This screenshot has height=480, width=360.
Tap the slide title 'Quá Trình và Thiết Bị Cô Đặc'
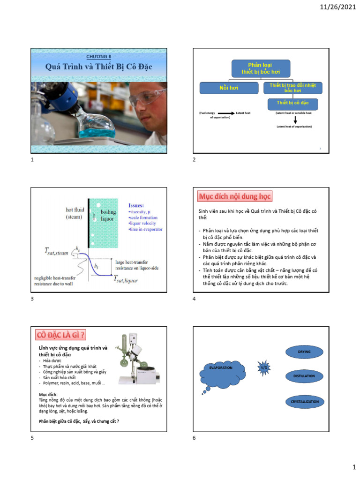click(99, 67)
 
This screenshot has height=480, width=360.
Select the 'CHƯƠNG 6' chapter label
click(99, 56)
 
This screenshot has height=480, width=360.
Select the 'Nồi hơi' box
click(229, 88)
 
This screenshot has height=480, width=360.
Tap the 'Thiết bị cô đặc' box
click(292, 103)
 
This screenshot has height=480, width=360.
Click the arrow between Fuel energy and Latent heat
click(226, 113)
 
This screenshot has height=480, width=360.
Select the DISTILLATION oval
click(304, 376)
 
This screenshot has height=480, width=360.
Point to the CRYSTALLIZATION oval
click(304, 402)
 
